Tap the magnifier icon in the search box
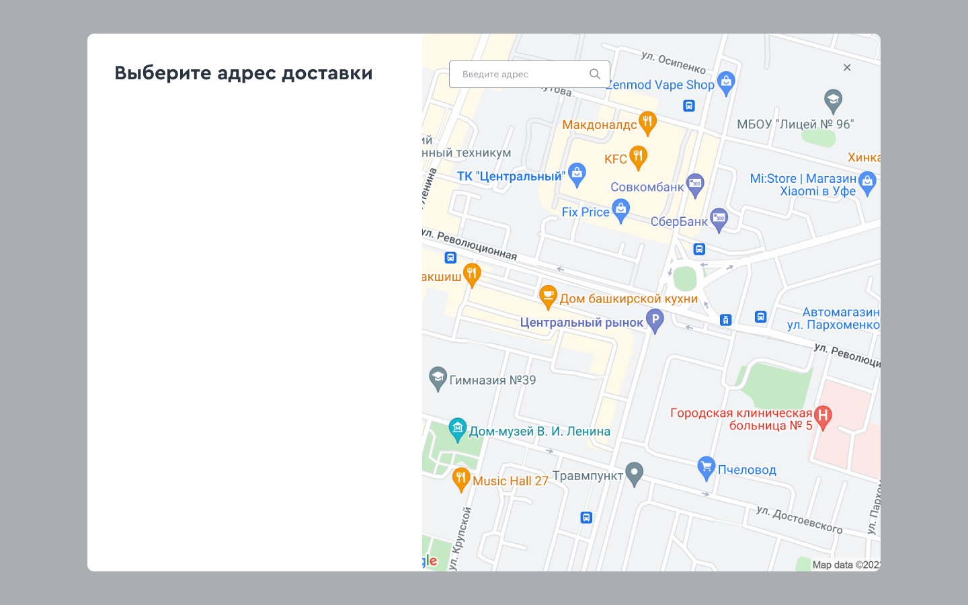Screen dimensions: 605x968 pos(595,74)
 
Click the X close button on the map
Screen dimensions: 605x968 pos(847,67)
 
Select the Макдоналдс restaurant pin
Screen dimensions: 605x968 pos(647,122)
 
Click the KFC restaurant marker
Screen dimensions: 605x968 pos(638,157)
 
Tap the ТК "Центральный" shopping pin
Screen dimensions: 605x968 pos(577,174)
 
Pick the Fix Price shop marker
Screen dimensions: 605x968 pos(620,210)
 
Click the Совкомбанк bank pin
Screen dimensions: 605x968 pos(695,185)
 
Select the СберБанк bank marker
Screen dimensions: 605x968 pos(719,219)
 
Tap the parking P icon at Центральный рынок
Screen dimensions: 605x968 pos(655,320)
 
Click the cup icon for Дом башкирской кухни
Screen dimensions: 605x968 pos(549,296)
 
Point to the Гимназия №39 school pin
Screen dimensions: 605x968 pos(438,378)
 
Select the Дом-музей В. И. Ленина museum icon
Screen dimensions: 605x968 pos(458,429)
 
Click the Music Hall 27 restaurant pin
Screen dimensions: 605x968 pos(460,479)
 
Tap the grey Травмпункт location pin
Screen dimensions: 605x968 pos(634,473)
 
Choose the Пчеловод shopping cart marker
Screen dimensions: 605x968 pos(706,468)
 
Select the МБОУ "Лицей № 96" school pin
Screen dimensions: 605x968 pos(833,101)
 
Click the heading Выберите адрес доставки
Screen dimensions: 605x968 pos(243,73)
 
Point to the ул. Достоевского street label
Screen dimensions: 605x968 pos(799,520)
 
